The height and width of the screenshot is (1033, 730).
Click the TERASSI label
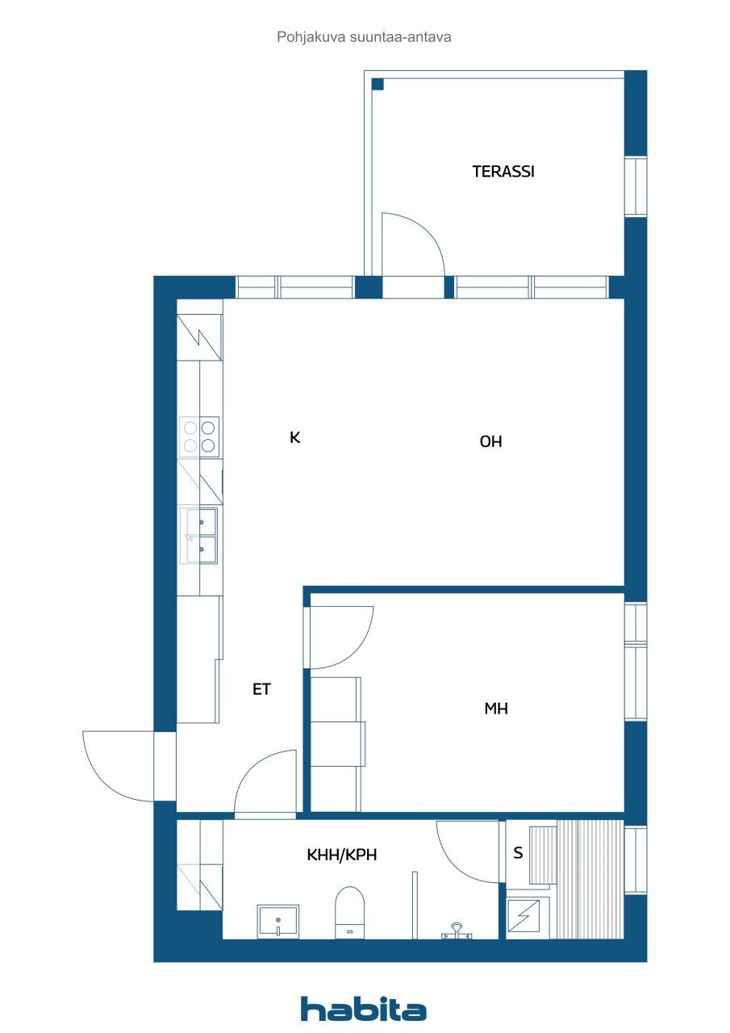pyautogui.click(x=503, y=171)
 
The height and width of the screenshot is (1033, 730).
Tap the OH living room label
pyautogui.click(x=490, y=441)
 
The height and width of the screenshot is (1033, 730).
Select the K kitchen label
pyautogui.click(x=295, y=437)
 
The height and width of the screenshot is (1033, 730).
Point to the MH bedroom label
pyautogui.click(x=495, y=709)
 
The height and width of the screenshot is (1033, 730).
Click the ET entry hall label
pyautogui.click(x=261, y=689)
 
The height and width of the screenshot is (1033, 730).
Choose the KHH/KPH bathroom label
pyautogui.click(x=342, y=854)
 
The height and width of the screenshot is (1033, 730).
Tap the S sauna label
pyautogui.click(x=518, y=853)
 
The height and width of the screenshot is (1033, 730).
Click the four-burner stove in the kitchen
pyautogui.click(x=199, y=437)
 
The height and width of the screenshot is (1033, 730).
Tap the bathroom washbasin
pyautogui.click(x=277, y=921)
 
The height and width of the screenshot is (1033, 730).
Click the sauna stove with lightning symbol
pyautogui.click(x=528, y=918)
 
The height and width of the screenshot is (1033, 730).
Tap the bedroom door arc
pyautogui.click(x=340, y=638)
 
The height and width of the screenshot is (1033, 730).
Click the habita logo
pyautogui.click(x=364, y=1009)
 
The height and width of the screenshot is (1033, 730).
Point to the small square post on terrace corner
pyautogui.click(x=378, y=83)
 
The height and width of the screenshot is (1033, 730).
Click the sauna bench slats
pyautogui.click(x=590, y=880)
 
